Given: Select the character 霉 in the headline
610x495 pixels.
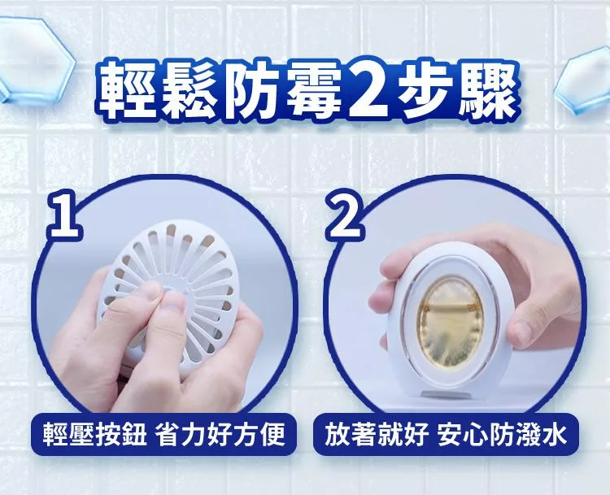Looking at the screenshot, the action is coord(314,89).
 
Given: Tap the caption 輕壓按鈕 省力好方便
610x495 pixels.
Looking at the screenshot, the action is coord(163,433).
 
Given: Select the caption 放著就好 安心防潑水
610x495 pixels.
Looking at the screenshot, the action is coord(446,433).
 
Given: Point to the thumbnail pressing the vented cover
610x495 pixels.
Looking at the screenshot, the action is coord(172,303).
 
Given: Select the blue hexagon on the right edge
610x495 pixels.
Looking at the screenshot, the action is coord(583,81).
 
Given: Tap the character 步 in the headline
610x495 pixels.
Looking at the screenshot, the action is coord(427,89).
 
